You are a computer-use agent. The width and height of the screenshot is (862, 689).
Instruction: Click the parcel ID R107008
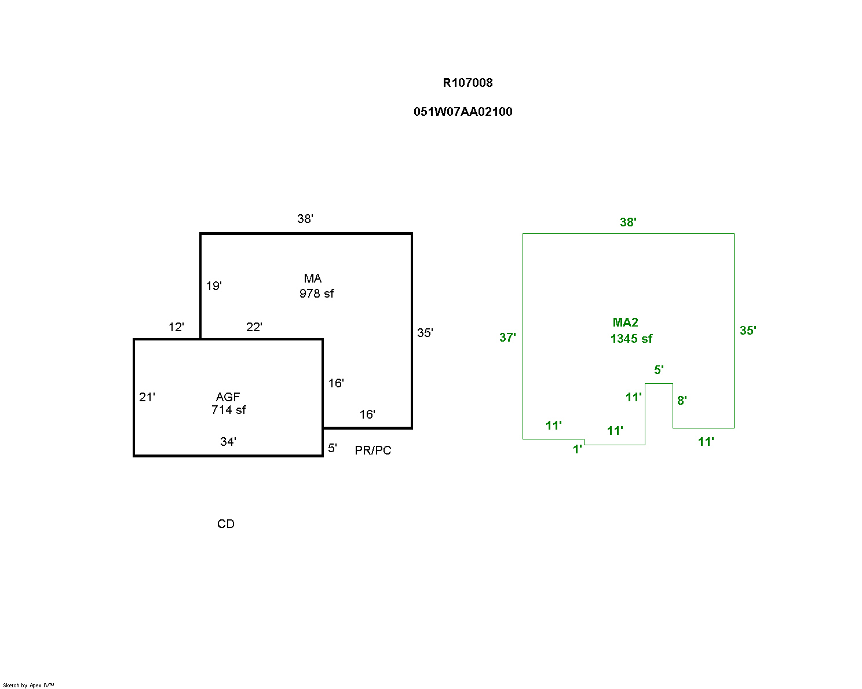pyautogui.click(x=467, y=83)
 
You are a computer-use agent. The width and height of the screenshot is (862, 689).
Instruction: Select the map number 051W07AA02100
pyautogui.click(x=463, y=112)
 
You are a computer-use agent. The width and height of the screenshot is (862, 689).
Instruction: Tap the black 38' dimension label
pyautogui.click(x=305, y=219)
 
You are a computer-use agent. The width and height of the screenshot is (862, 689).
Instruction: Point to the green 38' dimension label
pyautogui.click(x=628, y=222)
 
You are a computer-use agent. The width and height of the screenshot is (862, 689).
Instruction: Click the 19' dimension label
pyautogui.click(x=214, y=286)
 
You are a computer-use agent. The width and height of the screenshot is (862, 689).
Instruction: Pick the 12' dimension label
pyautogui.click(x=176, y=327)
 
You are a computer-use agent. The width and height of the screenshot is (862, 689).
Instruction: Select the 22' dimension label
pyautogui.click(x=254, y=327)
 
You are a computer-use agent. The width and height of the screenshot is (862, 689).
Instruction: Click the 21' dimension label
pyautogui.click(x=147, y=397)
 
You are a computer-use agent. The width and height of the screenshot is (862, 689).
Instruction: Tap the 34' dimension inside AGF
pyautogui.click(x=228, y=442)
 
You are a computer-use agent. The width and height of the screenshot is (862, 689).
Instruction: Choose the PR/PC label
pyautogui.click(x=373, y=450)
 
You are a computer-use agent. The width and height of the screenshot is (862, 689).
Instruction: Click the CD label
pyautogui.click(x=226, y=524)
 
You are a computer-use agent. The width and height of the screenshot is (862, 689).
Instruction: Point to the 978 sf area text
pyautogui.click(x=316, y=294)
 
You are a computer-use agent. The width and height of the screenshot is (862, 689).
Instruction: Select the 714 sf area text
pyautogui.click(x=228, y=410)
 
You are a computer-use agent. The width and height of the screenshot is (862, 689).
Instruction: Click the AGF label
pyautogui.click(x=228, y=397)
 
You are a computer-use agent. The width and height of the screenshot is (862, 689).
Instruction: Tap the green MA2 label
pyautogui.click(x=626, y=322)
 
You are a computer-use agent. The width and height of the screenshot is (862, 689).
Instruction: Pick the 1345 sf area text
pyautogui.click(x=631, y=339)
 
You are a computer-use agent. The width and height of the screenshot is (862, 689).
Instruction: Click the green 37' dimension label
pyautogui.click(x=507, y=338)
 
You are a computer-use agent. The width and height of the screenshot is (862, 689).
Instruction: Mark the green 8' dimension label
pyautogui.click(x=682, y=401)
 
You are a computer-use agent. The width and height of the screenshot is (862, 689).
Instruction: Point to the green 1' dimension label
pyautogui.click(x=577, y=449)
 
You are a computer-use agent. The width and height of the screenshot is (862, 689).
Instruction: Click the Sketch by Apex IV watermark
pyautogui.click(x=28, y=686)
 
